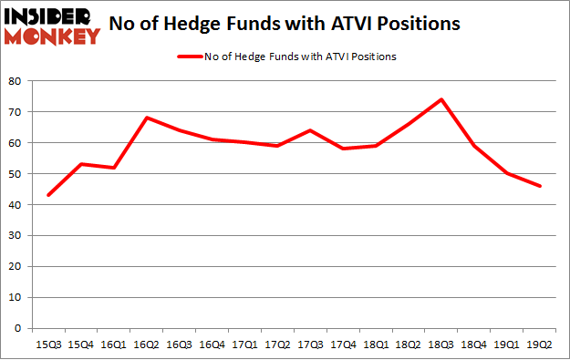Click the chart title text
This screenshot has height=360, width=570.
tap(295, 25)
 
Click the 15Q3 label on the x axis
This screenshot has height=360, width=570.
tap(48, 345)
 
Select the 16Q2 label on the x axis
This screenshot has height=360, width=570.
tap(147, 345)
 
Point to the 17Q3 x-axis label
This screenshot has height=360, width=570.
tap(311, 345)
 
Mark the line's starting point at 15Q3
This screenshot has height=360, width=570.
tap(48, 195)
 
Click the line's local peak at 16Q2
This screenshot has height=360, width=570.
tap(147, 118)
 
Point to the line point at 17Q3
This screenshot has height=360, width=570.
tap(311, 130)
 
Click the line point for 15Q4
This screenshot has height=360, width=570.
tap(81, 164)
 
